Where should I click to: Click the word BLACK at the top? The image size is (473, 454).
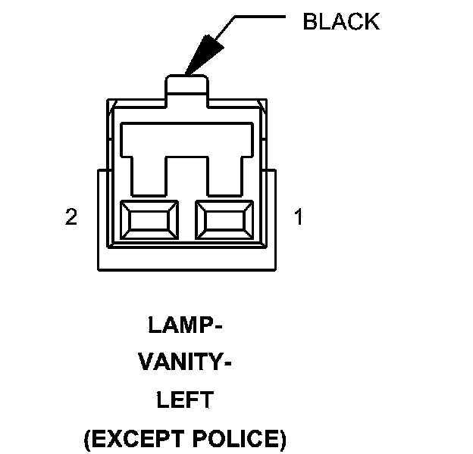pyautogui.click(x=340, y=21)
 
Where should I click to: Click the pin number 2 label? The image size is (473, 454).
pyautogui.click(x=71, y=218)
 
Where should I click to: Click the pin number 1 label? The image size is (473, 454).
pyautogui.click(x=298, y=218)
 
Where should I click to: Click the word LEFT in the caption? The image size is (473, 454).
pyautogui.click(x=185, y=400)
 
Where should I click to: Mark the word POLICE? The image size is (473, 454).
pyautogui.click(x=241, y=438)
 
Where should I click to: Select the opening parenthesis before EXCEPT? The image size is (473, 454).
pyautogui.click(x=86, y=439)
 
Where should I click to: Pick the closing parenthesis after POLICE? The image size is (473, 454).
pyautogui.click(x=283, y=439)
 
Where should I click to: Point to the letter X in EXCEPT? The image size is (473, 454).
pyautogui.click(x=111, y=438)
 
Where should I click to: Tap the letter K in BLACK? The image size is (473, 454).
pyautogui.click(x=371, y=21)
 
